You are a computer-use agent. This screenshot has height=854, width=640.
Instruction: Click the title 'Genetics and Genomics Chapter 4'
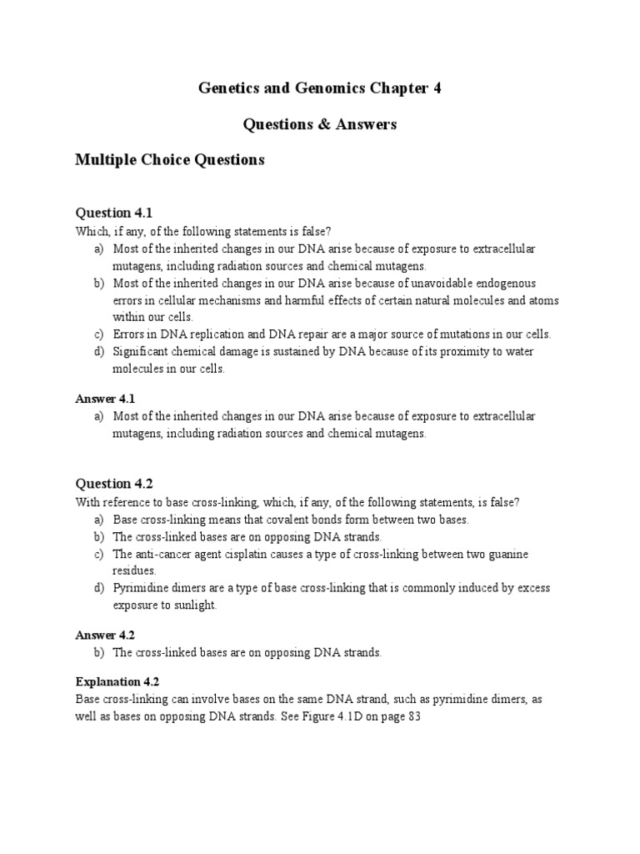pyautogui.click(x=319, y=88)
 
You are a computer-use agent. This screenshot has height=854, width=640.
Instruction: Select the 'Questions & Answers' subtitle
pyautogui.click(x=319, y=124)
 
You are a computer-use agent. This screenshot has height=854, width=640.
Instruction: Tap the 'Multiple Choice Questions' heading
pyautogui.click(x=170, y=159)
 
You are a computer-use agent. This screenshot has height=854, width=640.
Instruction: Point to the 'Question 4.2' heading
pyautogui.click(x=114, y=483)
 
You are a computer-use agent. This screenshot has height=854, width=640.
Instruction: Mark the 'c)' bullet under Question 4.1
pyautogui.click(x=98, y=334)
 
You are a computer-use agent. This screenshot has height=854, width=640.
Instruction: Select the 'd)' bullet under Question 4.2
pyautogui.click(x=98, y=589)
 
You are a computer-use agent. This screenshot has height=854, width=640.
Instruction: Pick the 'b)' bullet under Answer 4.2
pyautogui.click(x=98, y=653)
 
